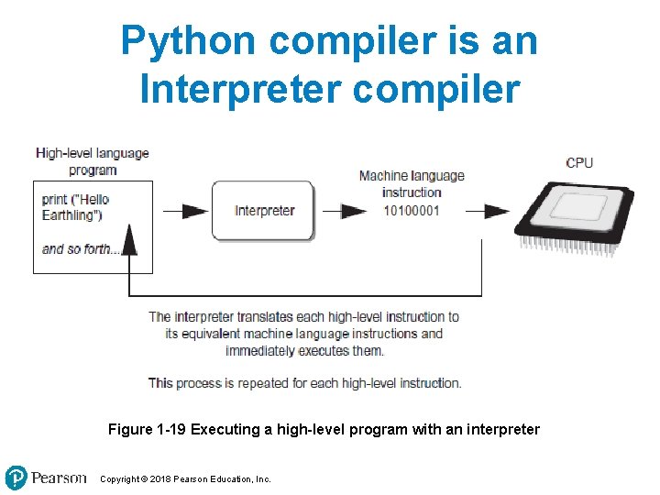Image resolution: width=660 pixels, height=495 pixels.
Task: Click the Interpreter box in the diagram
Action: click(x=264, y=211)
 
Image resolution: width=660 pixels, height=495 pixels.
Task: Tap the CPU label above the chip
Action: click(x=579, y=163)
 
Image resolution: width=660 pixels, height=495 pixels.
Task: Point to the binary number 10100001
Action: click(x=412, y=210)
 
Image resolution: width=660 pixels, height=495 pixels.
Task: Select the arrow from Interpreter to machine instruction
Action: click(x=342, y=211)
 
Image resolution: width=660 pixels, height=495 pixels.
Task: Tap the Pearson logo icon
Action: click(x=16, y=478)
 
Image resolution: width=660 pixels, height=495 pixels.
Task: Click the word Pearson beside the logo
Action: click(x=60, y=478)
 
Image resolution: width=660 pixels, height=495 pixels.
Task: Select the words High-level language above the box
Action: click(x=93, y=153)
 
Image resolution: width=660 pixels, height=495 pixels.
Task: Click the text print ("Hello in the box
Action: click(x=76, y=200)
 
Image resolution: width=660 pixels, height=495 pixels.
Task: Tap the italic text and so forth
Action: click(x=81, y=248)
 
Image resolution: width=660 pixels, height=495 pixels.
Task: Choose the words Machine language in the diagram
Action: click(x=412, y=176)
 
